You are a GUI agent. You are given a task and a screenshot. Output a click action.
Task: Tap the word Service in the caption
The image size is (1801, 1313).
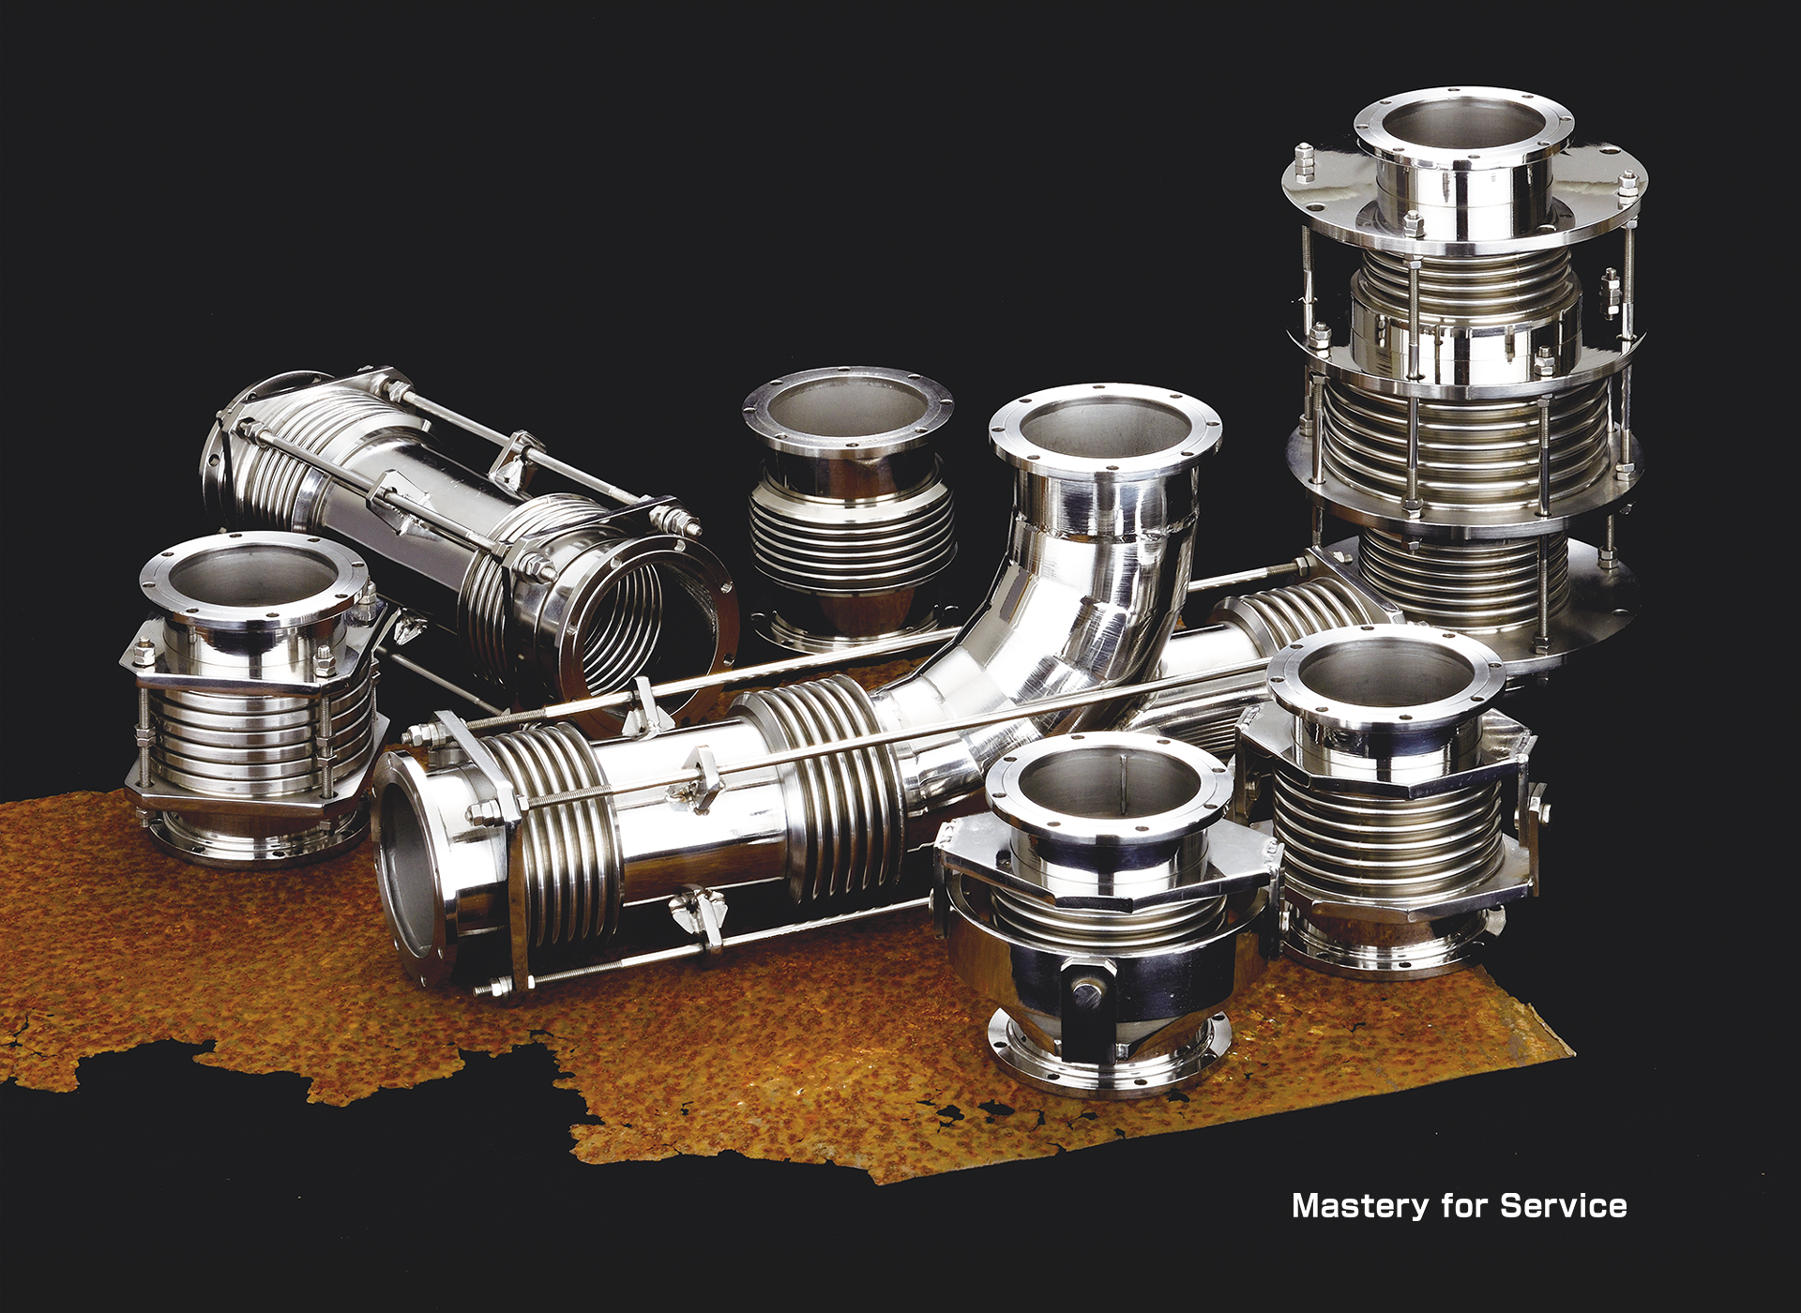click(1564, 1205)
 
